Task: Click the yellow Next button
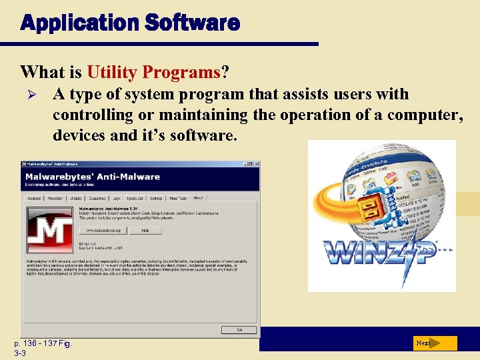[434, 343]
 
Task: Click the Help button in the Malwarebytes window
[145, 230]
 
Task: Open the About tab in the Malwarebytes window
[197, 198]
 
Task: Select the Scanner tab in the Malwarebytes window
[34, 198]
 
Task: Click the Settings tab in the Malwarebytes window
[156, 198]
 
